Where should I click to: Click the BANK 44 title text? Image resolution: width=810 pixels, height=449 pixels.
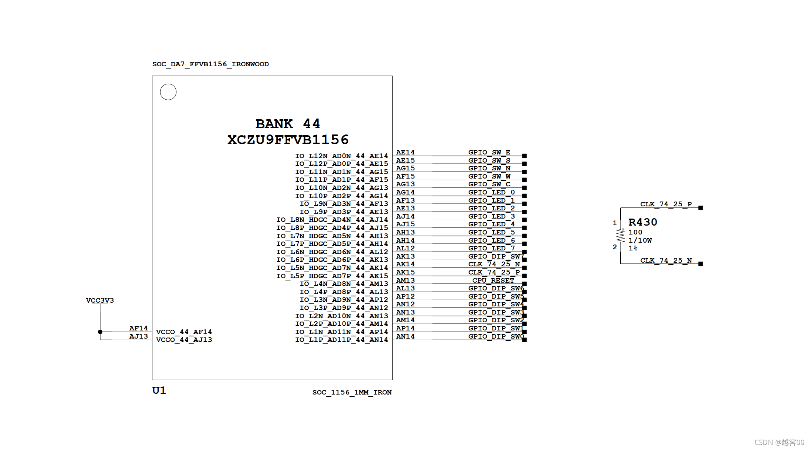(x=287, y=124)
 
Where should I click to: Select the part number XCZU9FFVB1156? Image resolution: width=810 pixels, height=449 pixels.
(x=288, y=140)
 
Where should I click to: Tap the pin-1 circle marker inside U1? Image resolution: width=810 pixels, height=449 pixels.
(x=168, y=92)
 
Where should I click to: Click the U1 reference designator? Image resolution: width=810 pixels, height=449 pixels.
(x=159, y=390)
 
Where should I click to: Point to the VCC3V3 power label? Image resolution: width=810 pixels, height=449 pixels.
(x=100, y=300)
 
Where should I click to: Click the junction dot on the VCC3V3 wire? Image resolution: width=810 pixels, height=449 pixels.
(x=100, y=332)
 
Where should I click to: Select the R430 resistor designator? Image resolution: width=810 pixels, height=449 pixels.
(x=642, y=222)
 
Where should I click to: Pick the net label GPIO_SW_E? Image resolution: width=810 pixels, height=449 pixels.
(x=489, y=152)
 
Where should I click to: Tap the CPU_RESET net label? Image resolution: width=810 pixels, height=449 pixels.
(x=493, y=280)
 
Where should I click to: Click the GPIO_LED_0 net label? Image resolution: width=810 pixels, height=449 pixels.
(x=491, y=192)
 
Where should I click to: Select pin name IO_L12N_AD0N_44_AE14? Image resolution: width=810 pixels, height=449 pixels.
(x=341, y=156)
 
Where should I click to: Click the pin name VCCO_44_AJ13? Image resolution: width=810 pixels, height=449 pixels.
(x=184, y=340)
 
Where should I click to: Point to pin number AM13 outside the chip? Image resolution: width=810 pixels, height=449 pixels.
(x=405, y=280)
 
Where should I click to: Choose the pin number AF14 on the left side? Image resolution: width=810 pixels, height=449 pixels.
(x=138, y=328)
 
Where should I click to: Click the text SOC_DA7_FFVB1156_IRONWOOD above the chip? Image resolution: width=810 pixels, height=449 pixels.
(x=210, y=64)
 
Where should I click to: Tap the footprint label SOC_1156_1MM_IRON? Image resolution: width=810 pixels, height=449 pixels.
(x=352, y=392)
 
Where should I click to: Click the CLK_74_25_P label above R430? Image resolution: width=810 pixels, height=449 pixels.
(x=666, y=204)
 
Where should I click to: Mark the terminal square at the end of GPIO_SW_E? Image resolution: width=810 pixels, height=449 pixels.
(x=525, y=156)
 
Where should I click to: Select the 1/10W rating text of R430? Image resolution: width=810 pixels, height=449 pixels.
(x=640, y=240)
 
